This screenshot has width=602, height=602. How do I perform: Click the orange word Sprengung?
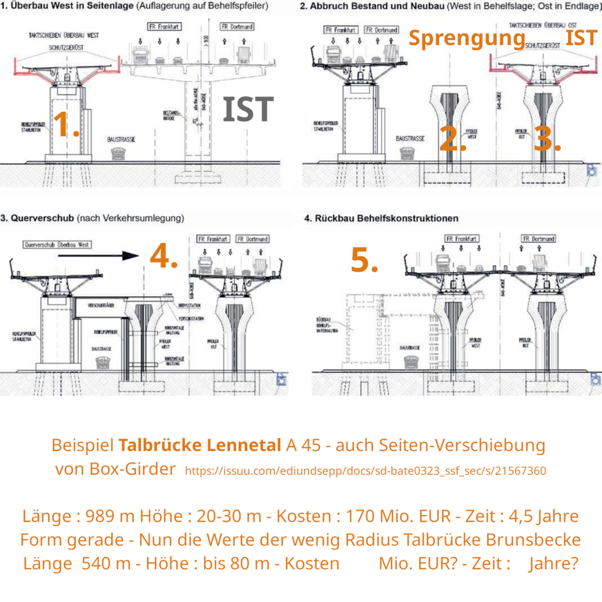click(466, 38)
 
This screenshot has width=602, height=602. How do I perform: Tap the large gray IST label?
click(248, 110)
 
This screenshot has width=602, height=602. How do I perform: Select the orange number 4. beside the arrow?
click(164, 256)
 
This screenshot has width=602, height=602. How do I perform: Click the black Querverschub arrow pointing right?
click(111, 256)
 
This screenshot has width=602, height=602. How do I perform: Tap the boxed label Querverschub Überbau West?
click(57, 244)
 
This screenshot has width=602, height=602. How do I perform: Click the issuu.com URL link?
click(365, 471)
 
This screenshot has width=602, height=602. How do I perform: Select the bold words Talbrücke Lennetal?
click(199, 445)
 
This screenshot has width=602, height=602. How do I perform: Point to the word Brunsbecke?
click(533, 540)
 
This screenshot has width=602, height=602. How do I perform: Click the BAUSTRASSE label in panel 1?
click(121, 140)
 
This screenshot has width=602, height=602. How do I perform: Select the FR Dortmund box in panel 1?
click(237, 27)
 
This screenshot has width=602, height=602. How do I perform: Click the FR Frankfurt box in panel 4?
click(462, 239)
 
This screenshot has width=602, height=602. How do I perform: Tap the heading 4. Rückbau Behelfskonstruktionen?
click(381, 219)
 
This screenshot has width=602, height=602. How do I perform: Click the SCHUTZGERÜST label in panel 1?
click(66, 48)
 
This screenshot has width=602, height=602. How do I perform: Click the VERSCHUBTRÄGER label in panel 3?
click(101, 305)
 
